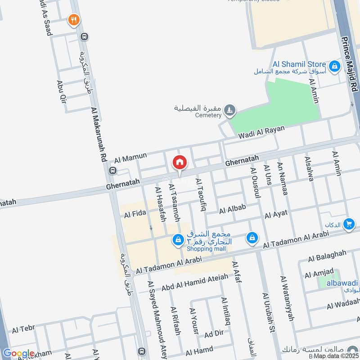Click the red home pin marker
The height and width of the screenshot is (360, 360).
pyautogui.click(x=180, y=162)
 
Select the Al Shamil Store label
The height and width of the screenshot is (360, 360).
pyautogui.click(x=299, y=64)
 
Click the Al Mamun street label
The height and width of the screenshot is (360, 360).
pyautogui.click(x=130, y=157)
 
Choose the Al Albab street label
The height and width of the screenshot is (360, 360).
pyautogui.click(x=232, y=209)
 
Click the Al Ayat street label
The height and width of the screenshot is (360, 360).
pyautogui.click(x=275, y=215)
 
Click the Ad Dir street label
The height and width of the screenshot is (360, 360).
pyautogui.click(x=213, y=334)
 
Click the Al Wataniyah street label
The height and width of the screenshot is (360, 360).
pyautogui.click(x=287, y=298)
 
